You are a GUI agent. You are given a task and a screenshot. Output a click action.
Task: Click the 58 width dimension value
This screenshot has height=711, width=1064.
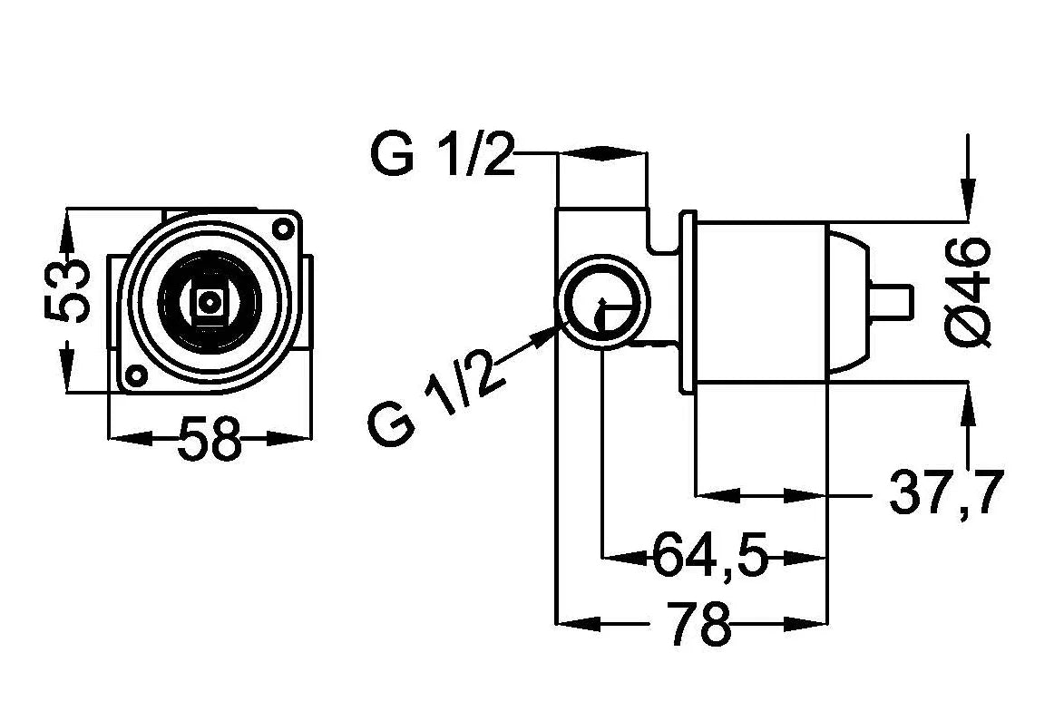tap(210, 438)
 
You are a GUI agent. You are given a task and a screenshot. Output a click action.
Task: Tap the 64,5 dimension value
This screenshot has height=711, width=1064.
tap(709, 555)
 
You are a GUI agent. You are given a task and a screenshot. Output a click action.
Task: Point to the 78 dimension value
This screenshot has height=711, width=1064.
tap(700, 621)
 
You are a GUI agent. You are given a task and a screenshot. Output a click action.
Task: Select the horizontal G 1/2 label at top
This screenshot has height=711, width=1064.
tap(443, 155)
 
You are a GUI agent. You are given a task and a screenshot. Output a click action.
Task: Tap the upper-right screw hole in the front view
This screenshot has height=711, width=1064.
tap(281, 228)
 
